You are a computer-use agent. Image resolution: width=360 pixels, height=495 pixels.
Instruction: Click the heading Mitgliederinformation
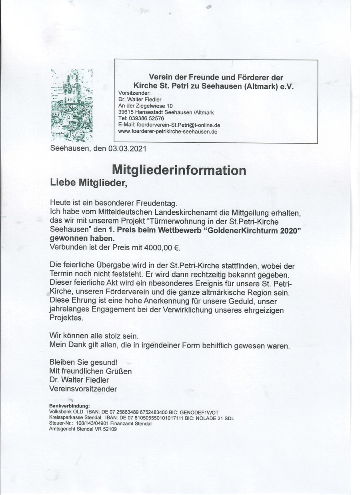179,170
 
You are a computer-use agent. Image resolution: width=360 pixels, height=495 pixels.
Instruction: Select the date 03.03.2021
127,149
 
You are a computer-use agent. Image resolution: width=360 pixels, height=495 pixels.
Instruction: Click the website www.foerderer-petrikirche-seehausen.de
168,132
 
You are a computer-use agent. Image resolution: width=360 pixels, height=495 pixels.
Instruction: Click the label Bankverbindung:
69,406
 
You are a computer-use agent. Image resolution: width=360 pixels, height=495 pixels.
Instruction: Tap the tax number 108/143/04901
90,424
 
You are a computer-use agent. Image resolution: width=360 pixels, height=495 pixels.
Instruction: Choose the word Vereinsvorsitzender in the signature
83,389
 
